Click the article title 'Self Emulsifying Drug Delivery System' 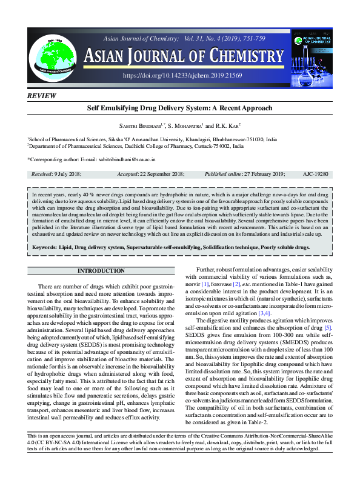tap(180, 108)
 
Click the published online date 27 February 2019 tap(258, 174)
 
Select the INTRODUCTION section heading tap(101, 270)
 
